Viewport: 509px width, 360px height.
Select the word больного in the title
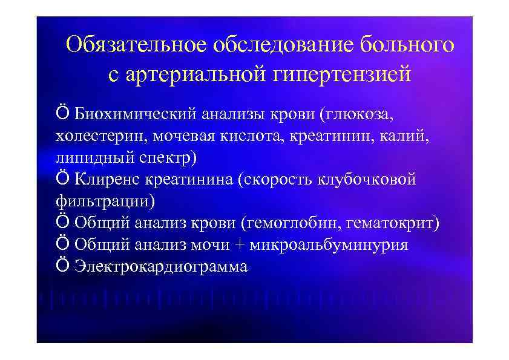(x=407, y=45)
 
